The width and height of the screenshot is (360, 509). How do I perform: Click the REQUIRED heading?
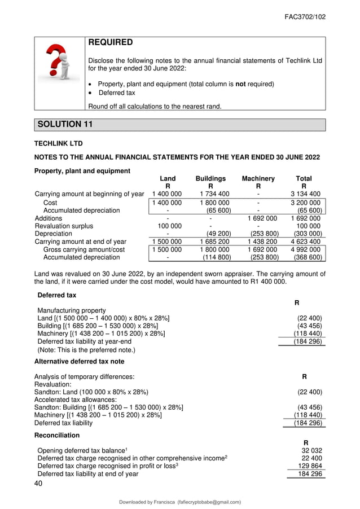point(111,43)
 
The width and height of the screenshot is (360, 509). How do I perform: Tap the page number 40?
point(39,484)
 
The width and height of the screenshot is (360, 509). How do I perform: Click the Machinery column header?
point(258,178)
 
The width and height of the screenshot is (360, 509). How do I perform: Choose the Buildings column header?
point(210,178)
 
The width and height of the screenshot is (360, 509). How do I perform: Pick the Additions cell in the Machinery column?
point(263,218)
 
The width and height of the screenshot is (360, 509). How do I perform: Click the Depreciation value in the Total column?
point(308,234)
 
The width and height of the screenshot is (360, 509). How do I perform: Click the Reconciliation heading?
point(57,436)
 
